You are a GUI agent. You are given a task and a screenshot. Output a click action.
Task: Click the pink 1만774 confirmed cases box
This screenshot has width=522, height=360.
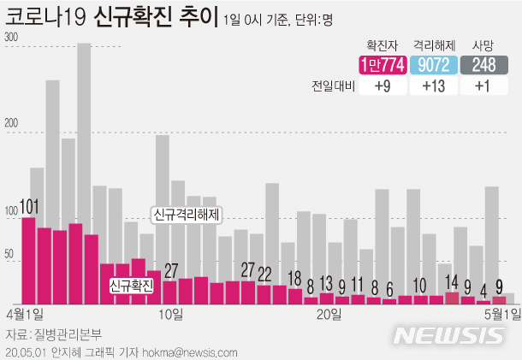(383, 65)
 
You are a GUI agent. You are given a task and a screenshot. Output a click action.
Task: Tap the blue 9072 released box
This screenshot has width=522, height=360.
(435, 65)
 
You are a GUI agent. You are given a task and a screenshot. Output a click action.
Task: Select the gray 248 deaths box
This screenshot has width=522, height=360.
(484, 65)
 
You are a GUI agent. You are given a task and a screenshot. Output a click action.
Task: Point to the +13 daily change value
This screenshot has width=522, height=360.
(435, 86)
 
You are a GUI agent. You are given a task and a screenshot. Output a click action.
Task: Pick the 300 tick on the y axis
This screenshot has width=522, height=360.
(11, 38)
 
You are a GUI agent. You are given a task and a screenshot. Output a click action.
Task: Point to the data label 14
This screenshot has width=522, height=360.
(452, 281)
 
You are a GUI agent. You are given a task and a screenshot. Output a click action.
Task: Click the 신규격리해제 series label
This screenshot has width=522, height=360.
(185, 215)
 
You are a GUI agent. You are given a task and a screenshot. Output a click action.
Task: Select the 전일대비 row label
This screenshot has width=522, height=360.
(333, 86)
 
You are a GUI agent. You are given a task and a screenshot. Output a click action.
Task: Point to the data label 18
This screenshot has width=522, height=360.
(294, 278)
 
